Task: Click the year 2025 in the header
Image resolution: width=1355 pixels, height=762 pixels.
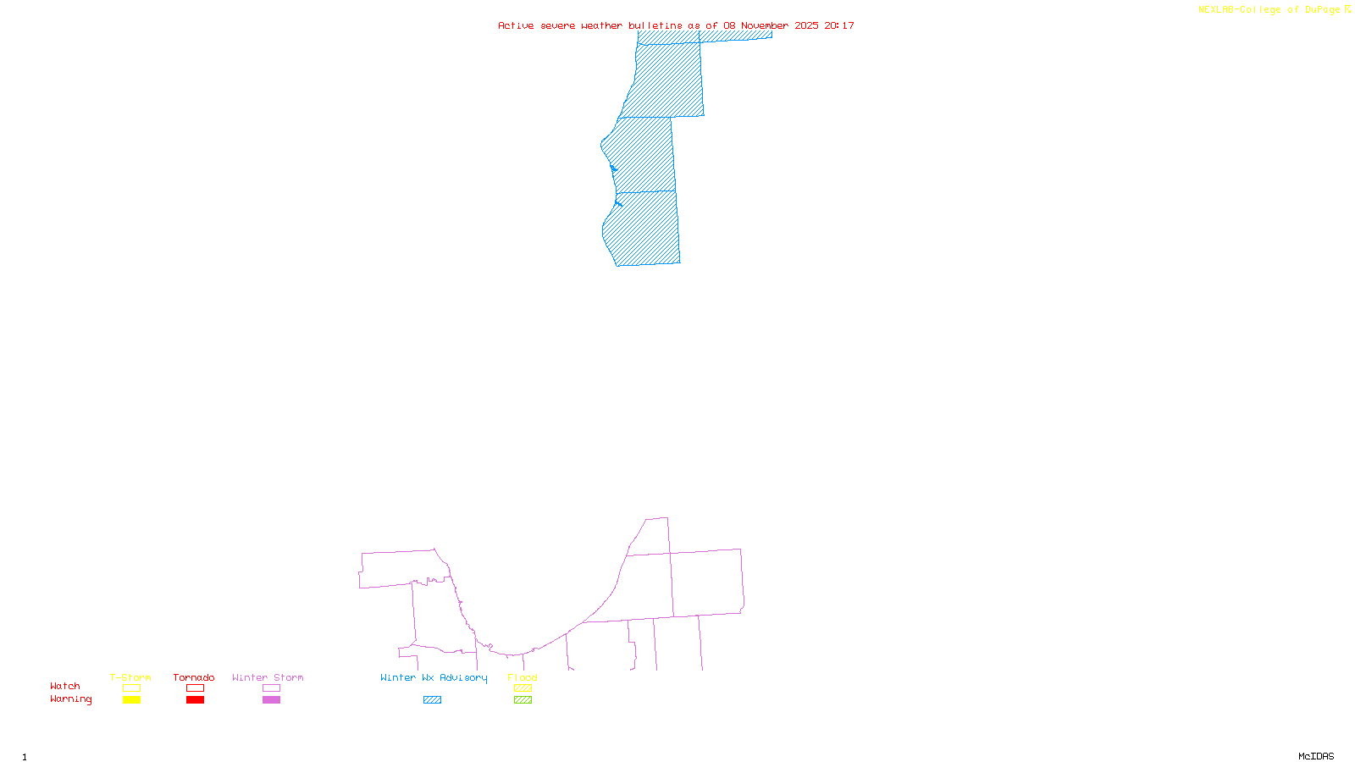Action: [806, 25]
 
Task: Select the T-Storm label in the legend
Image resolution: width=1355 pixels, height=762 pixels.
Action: [130, 677]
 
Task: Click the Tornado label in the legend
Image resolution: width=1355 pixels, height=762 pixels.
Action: [194, 677]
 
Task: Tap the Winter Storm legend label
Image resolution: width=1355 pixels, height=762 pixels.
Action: [268, 677]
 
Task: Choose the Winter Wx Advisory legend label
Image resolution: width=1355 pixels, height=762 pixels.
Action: [434, 677]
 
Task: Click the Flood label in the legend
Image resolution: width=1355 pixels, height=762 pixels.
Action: [523, 677]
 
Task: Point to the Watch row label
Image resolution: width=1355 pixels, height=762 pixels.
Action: [65, 686]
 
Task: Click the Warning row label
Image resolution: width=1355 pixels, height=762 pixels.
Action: [70, 699]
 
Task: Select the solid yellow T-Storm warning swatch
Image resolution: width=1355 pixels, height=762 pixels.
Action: [131, 700]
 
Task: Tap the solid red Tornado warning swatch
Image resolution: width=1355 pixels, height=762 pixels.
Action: [195, 700]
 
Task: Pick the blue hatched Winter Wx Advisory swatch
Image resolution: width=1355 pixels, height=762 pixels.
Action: [432, 700]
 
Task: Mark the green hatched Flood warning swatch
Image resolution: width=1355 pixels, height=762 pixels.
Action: [523, 700]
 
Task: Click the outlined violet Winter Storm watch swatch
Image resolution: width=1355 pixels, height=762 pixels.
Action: [271, 688]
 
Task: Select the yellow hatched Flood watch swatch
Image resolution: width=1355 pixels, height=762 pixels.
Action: [523, 688]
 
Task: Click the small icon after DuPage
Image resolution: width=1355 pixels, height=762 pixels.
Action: [1347, 9]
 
